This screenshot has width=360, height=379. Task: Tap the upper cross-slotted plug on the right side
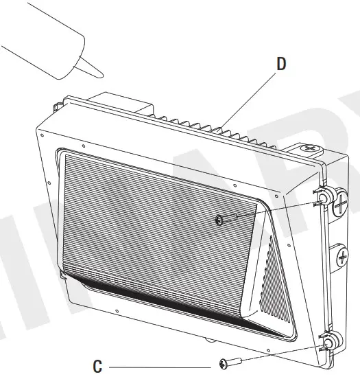pyautogui.click(x=341, y=203)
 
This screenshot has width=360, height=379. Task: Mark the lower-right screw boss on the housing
pyautogui.click(x=328, y=341)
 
